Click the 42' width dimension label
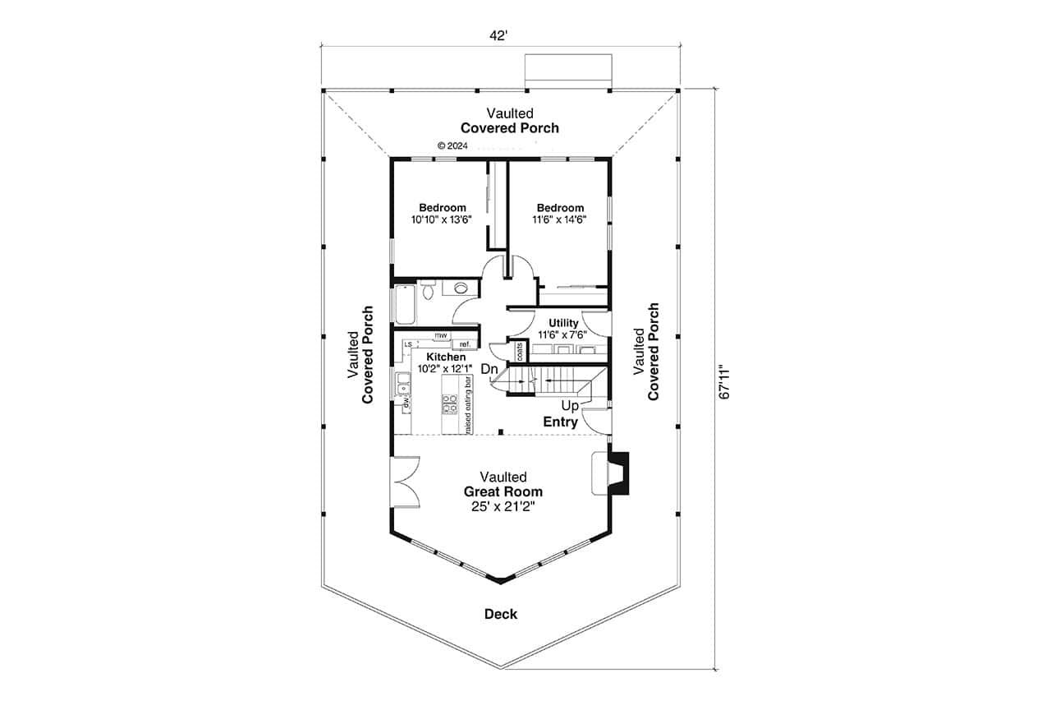(500, 35)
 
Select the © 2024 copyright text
(452, 145)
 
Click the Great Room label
(503, 491)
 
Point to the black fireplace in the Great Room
(622, 473)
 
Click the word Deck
(500, 614)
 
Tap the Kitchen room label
(446, 357)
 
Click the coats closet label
(520, 351)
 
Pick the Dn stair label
(490, 370)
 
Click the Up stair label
(569, 406)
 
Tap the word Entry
(561, 422)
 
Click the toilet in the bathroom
(428, 290)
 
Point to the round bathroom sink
(461, 288)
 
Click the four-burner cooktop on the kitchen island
(450, 404)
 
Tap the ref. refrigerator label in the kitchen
(465, 344)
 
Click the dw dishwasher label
(406, 402)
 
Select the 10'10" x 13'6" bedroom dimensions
(443, 220)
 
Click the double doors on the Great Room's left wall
(405, 483)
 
